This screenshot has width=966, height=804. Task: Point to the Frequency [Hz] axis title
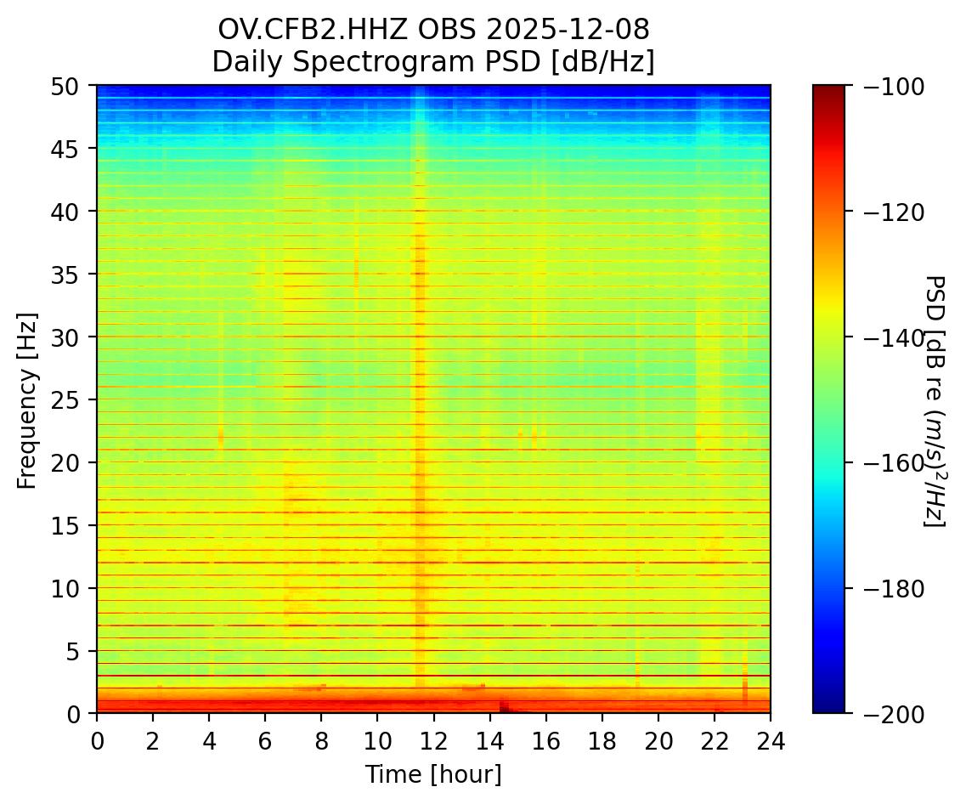point(28,400)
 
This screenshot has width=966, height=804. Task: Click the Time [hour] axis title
point(433,774)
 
